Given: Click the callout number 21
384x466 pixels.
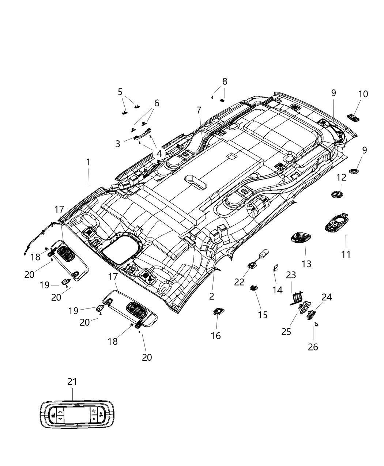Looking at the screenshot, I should (72, 382).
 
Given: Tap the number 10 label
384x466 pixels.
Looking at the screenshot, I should (363, 94).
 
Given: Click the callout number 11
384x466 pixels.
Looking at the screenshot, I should (346, 254).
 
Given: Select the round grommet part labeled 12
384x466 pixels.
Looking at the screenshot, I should (337, 194).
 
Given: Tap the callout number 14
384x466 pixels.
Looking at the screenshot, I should (277, 290).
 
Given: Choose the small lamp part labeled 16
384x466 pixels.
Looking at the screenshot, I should (218, 311).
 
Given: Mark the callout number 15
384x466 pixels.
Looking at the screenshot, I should (263, 314).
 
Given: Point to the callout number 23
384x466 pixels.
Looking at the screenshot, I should (291, 274).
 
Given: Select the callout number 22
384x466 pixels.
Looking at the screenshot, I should (239, 282).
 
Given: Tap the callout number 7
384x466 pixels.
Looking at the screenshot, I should (199, 110).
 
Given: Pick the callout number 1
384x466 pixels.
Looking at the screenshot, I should (88, 162).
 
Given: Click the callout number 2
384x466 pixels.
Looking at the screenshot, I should (212, 296).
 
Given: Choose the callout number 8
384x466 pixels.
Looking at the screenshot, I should (225, 81).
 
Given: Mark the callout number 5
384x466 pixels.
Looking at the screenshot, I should (120, 92).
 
